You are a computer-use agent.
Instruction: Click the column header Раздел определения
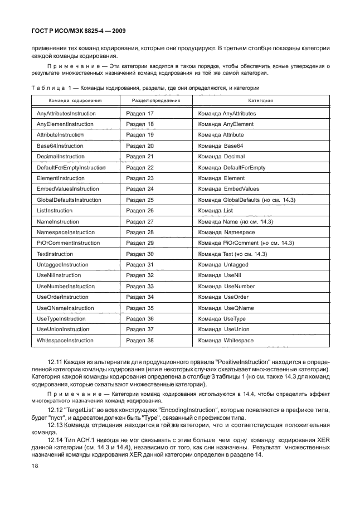tap(155, 101)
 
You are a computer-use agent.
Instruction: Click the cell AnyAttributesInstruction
tap(66, 113)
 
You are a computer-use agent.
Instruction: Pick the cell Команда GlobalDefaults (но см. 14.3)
tap(247, 200)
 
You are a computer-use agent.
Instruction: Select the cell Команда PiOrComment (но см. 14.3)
tap(246, 243)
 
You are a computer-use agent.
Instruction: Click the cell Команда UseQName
tap(226, 308)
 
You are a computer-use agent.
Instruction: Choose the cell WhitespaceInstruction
tap(65, 340)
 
